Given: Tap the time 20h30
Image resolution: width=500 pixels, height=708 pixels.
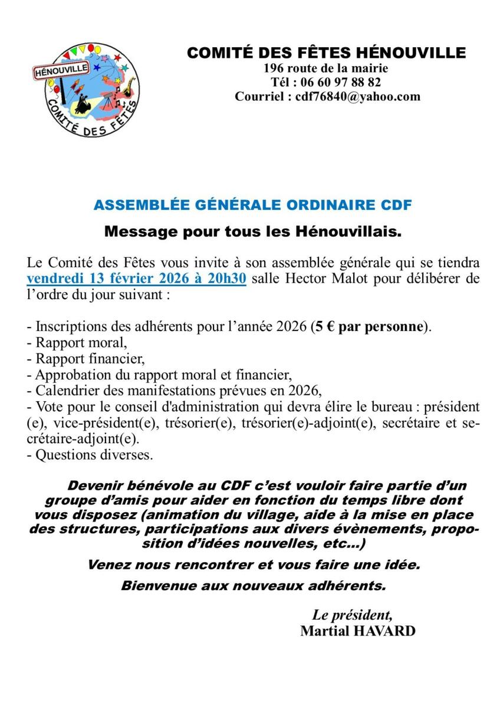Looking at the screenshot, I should pyautogui.click(x=227, y=278).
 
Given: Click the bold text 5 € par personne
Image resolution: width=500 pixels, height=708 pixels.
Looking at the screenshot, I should pyautogui.click(x=369, y=326).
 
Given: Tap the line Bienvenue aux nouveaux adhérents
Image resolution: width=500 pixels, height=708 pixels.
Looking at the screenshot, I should pyautogui.click(x=254, y=586).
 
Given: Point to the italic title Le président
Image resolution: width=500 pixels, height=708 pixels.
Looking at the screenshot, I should pyautogui.click(x=352, y=616).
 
